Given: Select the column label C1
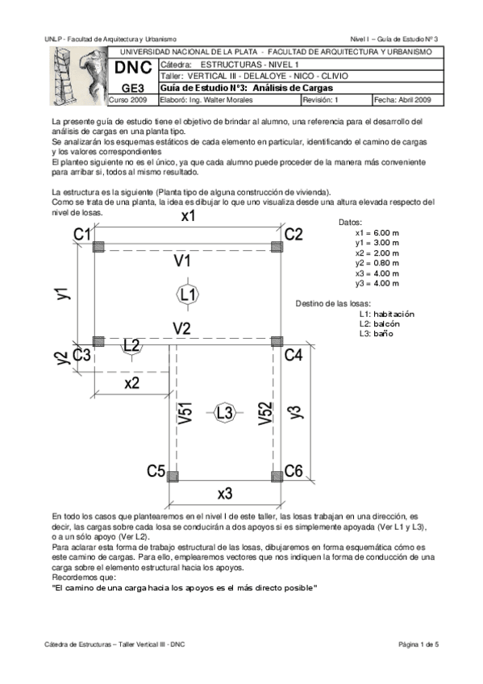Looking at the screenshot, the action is click(x=82, y=234).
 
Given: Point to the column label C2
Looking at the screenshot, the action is click(x=294, y=234).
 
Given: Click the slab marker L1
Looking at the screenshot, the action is click(x=188, y=295).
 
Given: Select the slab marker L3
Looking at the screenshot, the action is click(x=225, y=412).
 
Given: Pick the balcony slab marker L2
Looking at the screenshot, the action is click(x=131, y=345).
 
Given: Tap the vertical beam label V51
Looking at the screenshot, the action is click(x=185, y=412).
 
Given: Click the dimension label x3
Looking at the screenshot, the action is click(x=226, y=493).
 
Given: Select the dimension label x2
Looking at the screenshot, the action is click(x=132, y=382).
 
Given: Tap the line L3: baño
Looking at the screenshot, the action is click(x=376, y=333).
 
